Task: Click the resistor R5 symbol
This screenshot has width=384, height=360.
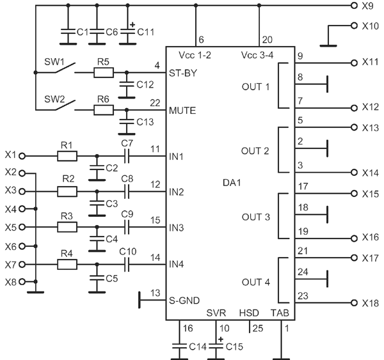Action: click(x=104, y=73)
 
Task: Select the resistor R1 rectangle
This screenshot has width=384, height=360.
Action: click(x=67, y=156)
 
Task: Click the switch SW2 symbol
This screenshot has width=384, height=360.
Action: click(x=65, y=106)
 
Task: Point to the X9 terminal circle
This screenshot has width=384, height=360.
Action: click(x=354, y=5)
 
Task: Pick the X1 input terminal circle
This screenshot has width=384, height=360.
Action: click(x=22, y=156)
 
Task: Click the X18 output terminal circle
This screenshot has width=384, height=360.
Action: click(x=354, y=303)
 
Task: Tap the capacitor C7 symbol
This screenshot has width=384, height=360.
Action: click(x=127, y=156)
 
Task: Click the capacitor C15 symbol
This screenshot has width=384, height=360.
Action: click(x=216, y=347)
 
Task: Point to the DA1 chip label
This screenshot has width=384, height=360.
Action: click(x=232, y=183)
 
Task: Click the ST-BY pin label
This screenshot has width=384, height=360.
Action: click(x=183, y=73)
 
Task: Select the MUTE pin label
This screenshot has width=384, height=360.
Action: click(x=182, y=111)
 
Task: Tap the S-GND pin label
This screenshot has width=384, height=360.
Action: click(x=184, y=301)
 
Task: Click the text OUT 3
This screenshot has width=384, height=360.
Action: click(x=256, y=217)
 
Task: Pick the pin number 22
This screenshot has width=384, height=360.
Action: click(x=155, y=103)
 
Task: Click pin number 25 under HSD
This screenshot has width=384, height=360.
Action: click(x=258, y=329)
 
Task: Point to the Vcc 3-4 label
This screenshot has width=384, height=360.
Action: click(x=257, y=55)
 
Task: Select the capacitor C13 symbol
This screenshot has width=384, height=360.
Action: click(x=126, y=121)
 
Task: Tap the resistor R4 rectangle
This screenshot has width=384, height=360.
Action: click(x=67, y=265)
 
